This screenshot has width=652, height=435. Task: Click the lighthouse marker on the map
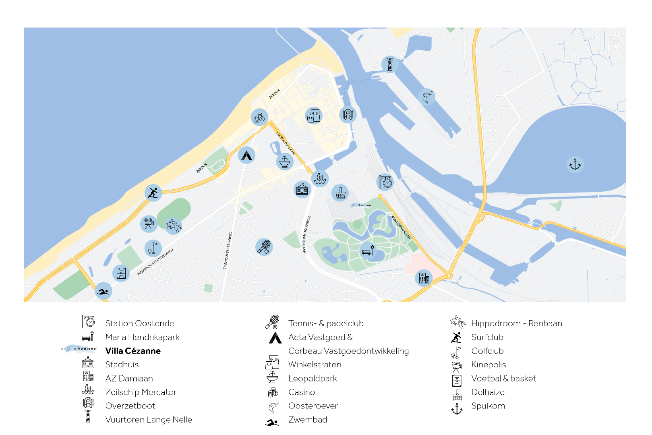390,64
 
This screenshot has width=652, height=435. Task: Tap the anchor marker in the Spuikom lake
575,164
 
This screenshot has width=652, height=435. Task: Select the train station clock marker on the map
385,182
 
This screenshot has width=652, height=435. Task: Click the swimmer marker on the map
103,291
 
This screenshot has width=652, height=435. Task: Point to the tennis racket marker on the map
264,247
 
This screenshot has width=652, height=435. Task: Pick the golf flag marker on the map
153,248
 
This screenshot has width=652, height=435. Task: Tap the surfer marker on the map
153,193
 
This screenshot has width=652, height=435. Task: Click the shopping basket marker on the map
340,193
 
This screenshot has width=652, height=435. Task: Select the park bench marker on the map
368,251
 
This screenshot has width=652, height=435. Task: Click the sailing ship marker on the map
320,178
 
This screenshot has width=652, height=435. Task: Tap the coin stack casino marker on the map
259,117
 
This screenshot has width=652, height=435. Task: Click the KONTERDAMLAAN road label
401,228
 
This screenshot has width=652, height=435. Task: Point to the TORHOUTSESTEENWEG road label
228,251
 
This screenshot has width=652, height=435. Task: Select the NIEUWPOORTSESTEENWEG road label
155,262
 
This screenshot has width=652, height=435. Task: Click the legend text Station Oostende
140,323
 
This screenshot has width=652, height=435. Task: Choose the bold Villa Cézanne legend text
133,351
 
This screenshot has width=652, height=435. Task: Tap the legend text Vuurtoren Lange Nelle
149,420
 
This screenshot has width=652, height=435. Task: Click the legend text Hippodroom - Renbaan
516,323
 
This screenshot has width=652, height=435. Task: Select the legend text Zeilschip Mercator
141,392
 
